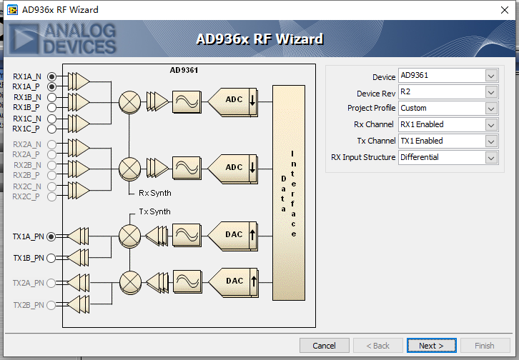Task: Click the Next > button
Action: click(x=431, y=346)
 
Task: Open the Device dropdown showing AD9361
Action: click(x=448, y=76)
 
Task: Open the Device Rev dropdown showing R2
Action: click(x=448, y=92)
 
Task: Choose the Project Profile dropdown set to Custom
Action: click(x=448, y=109)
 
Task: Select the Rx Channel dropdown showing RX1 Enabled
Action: click(x=448, y=125)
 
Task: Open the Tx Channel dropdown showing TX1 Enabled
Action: click(x=448, y=141)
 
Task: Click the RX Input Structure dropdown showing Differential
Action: click(x=448, y=158)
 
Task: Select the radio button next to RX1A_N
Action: click(x=51, y=76)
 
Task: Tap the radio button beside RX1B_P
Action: click(x=51, y=108)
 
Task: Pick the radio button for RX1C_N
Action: click(x=51, y=119)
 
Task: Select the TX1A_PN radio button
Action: click(x=51, y=236)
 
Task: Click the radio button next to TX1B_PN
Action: click(x=51, y=258)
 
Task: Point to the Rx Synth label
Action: click(x=154, y=193)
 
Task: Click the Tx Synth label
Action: click(x=154, y=211)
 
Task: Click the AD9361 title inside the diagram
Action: click(x=183, y=70)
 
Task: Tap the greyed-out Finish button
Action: click(x=484, y=346)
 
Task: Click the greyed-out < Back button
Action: click(x=377, y=346)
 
